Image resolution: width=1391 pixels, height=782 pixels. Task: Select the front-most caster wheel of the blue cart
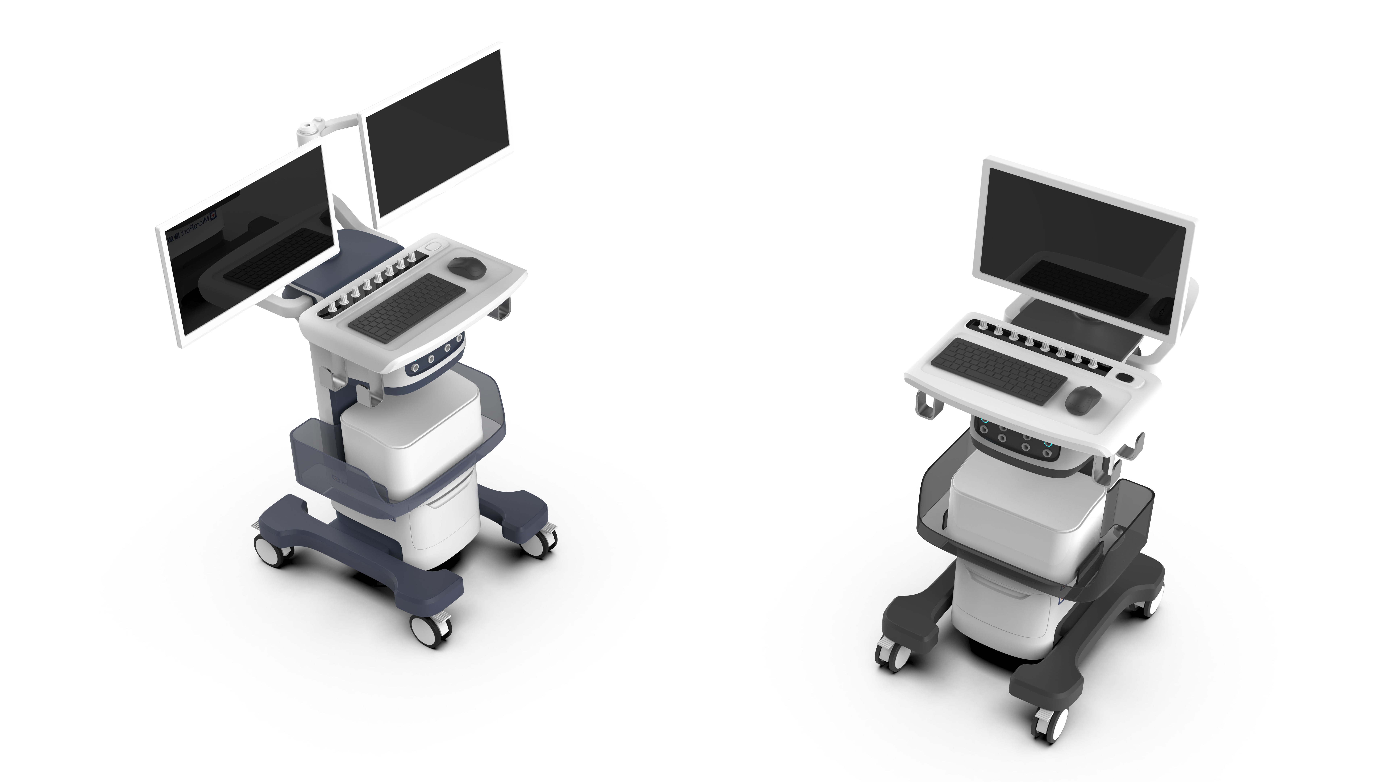tap(430, 630)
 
